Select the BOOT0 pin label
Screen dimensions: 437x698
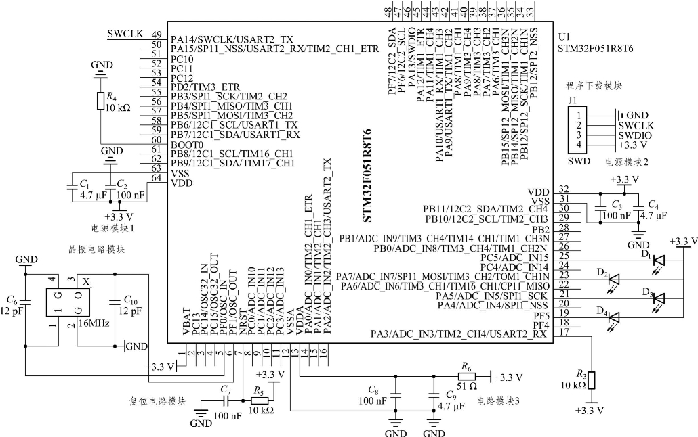point(186,145)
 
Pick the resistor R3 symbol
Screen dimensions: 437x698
point(592,379)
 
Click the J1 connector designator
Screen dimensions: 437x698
point(572,101)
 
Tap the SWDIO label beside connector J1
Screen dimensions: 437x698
point(636,135)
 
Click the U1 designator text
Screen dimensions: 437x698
point(563,37)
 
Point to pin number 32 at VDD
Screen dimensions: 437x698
point(563,189)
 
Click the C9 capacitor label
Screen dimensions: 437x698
point(451,396)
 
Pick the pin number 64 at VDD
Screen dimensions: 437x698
point(157,178)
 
